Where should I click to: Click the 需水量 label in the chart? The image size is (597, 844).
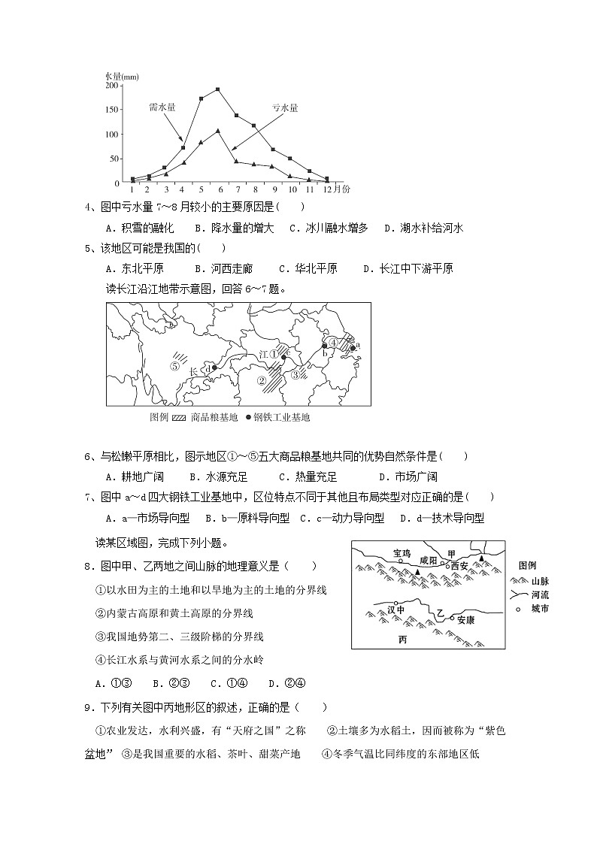[162, 107]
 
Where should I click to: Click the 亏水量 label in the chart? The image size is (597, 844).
[284, 107]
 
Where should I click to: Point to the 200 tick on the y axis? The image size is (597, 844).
[112, 86]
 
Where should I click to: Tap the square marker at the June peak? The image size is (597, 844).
[218, 89]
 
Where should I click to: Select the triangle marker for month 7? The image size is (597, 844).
[236, 161]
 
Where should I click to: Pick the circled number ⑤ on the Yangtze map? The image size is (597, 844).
[174, 367]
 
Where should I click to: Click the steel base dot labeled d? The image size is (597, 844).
[215, 368]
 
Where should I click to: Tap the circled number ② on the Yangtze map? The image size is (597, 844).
[262, 380]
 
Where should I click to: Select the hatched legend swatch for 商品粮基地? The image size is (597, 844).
[179, 418]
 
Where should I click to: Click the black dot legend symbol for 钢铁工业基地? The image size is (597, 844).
[248, 418]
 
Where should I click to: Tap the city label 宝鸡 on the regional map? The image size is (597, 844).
[403, 552]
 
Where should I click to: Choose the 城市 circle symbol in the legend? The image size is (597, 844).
[517, 608]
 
